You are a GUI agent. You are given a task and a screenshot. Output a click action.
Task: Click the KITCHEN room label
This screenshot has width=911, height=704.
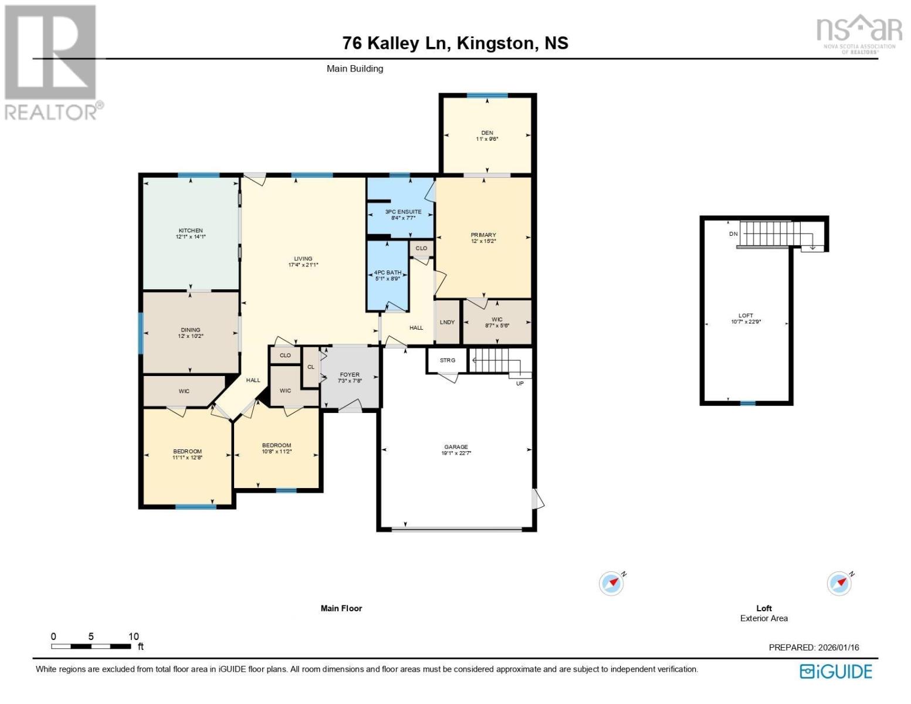[x=191, y=231]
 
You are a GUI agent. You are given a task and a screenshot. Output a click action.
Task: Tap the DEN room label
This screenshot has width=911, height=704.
[x=487, y=133]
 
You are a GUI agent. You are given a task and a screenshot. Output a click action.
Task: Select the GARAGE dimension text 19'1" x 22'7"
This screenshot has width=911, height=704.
[x=456, y=453]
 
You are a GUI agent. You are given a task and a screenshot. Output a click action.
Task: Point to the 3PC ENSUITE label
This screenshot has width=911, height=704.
[x=403, y=212]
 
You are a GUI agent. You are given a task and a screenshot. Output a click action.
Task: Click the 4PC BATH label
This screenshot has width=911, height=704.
[x=387, y=272]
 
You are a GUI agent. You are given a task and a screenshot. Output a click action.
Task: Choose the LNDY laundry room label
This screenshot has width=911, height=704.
[x=447, y=322]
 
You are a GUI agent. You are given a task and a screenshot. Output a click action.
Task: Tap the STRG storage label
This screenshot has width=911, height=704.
[x=447, y=360]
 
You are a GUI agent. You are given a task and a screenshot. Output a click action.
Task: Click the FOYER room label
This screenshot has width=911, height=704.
[x=350, y=374]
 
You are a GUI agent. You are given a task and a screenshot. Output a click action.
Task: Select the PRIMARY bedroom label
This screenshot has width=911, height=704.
[x=483, y=235]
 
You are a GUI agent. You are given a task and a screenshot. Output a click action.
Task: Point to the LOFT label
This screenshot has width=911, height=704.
[x=746, y=316]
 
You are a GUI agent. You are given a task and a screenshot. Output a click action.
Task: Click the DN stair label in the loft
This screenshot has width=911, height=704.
[x=733, y=233]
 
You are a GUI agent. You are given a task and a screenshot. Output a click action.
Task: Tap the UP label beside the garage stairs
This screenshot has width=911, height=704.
[x=520, y=383]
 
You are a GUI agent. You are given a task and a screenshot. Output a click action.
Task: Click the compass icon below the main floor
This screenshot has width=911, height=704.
[x=611, y=584]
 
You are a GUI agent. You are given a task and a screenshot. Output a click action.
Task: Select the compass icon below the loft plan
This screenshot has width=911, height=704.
[x=839, y=584]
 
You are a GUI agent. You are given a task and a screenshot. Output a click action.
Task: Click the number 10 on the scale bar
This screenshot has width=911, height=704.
[x=134, y=637]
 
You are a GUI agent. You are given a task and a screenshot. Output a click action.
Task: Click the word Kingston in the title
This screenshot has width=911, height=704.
[x=495, y=43]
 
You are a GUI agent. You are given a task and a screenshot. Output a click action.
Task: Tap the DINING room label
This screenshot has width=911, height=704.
[x=191, y=330]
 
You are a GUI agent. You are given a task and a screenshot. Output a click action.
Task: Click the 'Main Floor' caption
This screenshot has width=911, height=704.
[x=341, y=608]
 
